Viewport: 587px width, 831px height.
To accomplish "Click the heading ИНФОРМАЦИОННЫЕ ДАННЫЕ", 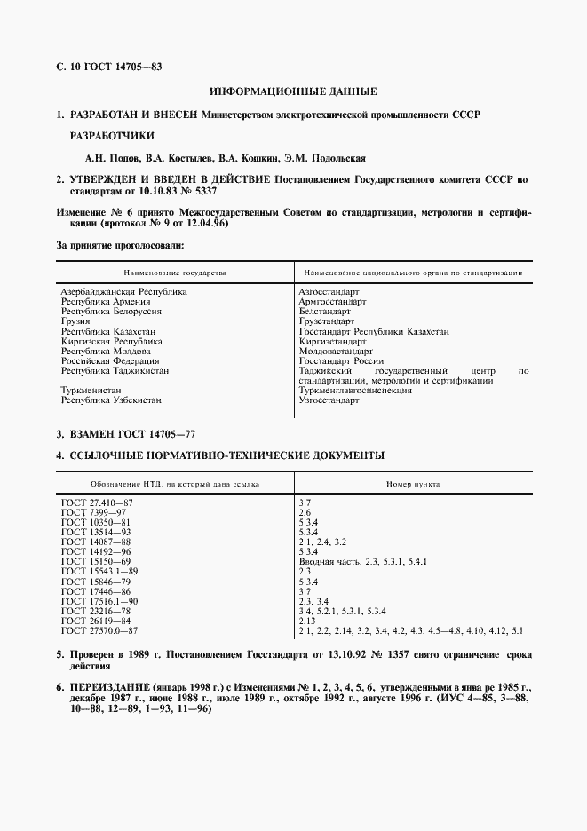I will point(293,91).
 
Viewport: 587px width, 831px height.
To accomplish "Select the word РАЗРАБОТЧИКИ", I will point(112,137).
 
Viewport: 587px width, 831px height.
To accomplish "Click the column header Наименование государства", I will point(176,273).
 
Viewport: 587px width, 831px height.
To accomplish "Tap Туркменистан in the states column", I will point(91,391).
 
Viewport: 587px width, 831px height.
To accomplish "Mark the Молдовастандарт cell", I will point(337,352).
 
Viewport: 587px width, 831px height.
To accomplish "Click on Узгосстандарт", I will point(329,400).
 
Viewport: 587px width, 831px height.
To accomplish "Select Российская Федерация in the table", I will point(109,361).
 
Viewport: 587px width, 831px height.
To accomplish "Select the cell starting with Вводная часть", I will point(364,562).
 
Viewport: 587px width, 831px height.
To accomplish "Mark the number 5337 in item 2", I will point(202,191).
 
